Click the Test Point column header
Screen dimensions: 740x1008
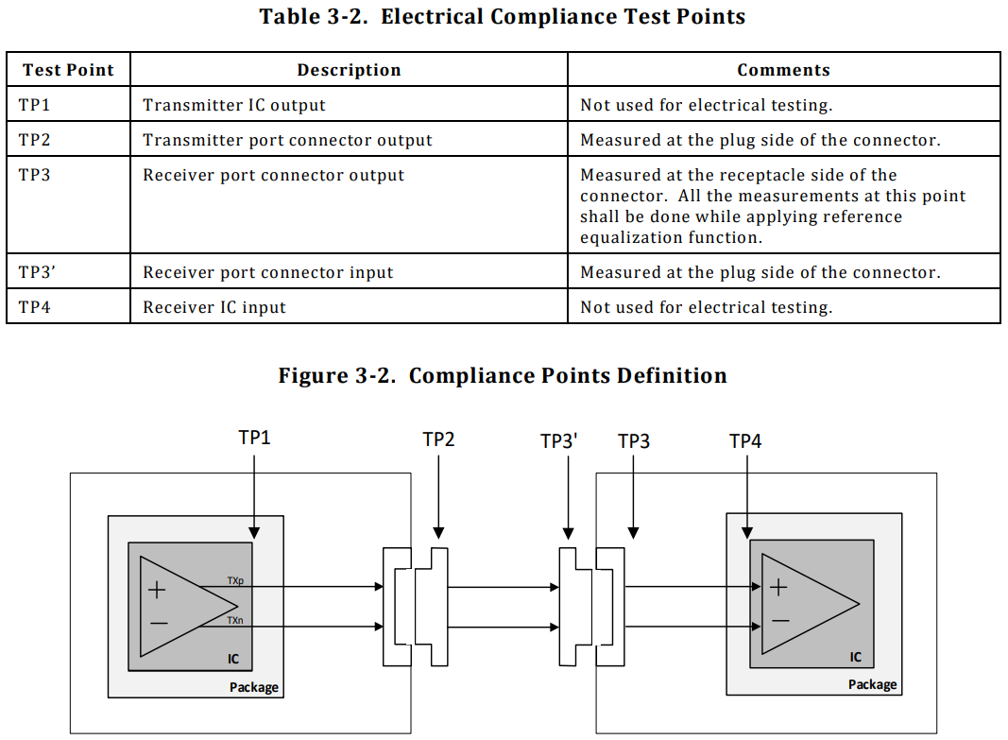coord(68,70)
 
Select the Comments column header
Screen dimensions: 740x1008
coord(783,70)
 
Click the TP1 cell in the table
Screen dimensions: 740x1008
coord(34,105)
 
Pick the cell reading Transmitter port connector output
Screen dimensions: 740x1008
coord(287,140)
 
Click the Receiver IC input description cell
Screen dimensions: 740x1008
coord(214,307)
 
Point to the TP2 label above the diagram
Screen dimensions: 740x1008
coord(438,439)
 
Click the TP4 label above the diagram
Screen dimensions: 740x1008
coord(745,440)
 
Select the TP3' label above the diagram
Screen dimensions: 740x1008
coord(559,441)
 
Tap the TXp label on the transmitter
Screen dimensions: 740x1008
coord(235,579)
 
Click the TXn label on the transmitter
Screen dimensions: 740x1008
coord(235,619)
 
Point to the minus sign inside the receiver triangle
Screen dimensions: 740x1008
coord(779,621)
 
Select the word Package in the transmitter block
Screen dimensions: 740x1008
coord(254,687)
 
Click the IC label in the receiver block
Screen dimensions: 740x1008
coord(856,657)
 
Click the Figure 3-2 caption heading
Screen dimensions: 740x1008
coord(503,376)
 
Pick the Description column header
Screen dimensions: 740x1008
coord(349,70)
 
